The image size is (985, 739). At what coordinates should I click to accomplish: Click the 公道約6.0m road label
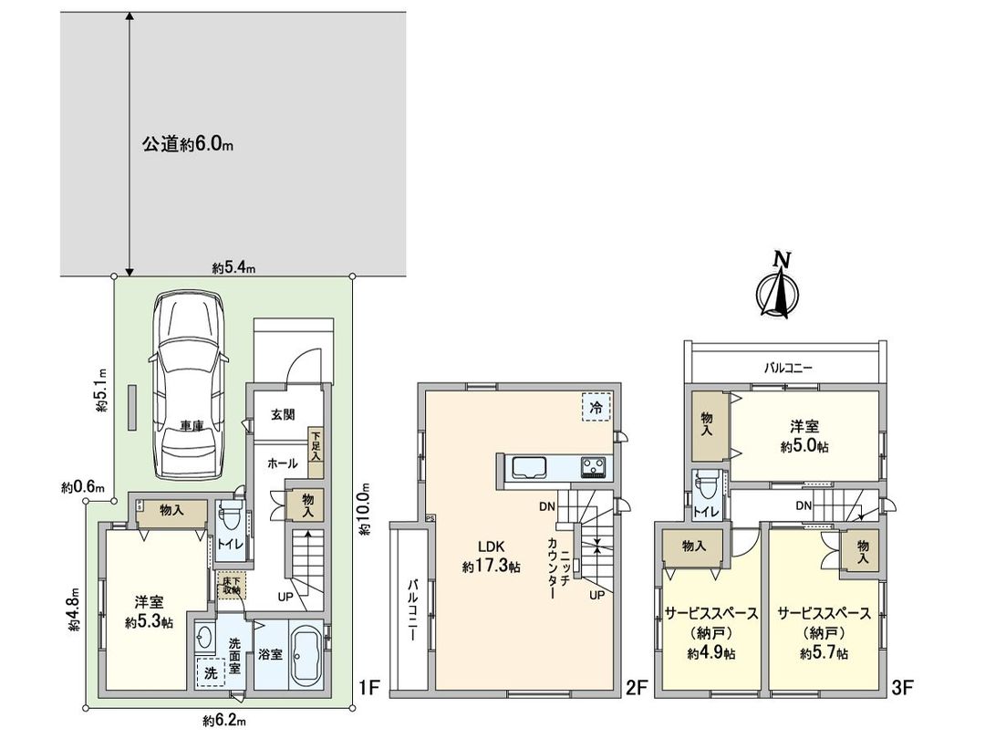(x=188, y=144)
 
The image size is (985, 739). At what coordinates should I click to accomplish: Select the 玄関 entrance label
(x=282, y=414)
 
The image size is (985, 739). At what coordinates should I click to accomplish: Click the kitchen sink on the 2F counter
(x=528, y=467)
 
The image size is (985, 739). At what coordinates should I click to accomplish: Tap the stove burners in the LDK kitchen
(x=595, y=467)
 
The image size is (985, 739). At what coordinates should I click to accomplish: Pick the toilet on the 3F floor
(x=705, y=492)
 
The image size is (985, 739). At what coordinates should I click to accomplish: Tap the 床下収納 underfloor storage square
(x=231, y=585)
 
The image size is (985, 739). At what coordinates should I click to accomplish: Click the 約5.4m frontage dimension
(x=233, y=267)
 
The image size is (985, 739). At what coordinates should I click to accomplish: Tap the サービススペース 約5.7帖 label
(x=824, y=632)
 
